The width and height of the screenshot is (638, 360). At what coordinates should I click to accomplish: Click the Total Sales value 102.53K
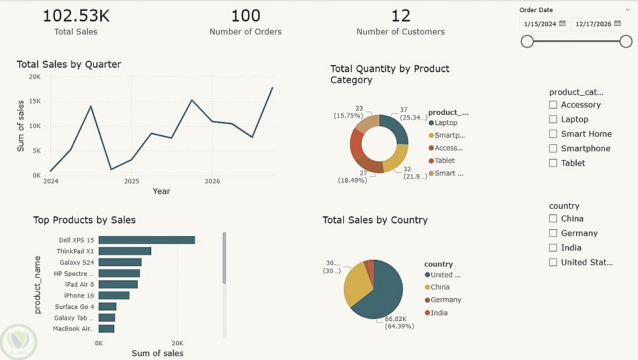[76, 15]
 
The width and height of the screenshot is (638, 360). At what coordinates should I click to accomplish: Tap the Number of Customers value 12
[401, 15]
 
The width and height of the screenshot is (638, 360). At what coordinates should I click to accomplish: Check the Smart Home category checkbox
[554, 134]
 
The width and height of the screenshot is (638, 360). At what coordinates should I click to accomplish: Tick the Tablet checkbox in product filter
[554, 163]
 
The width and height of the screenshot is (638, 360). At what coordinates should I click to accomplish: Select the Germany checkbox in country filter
[554, 234]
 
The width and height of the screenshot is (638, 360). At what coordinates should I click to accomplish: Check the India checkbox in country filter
[554, 248]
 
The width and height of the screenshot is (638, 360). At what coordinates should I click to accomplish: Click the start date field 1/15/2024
[539, 24]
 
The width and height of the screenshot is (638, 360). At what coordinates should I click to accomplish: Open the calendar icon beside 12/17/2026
[618, 24]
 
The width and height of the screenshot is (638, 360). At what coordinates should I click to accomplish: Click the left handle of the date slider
[527, 41]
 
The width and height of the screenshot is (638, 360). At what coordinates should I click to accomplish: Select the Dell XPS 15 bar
[146, 240]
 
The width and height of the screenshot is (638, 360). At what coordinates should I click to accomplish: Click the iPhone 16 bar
[114, 296]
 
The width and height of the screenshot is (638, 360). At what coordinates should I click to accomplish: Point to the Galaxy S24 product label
[77, 262]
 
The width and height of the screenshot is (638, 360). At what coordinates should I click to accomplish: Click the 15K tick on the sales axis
[35, 101]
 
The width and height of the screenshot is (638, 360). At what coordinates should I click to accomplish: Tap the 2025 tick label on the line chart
[131, 182]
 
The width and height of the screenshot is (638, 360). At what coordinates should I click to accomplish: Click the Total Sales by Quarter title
[69, 64]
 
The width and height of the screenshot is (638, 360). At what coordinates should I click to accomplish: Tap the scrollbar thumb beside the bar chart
[225, 259]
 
